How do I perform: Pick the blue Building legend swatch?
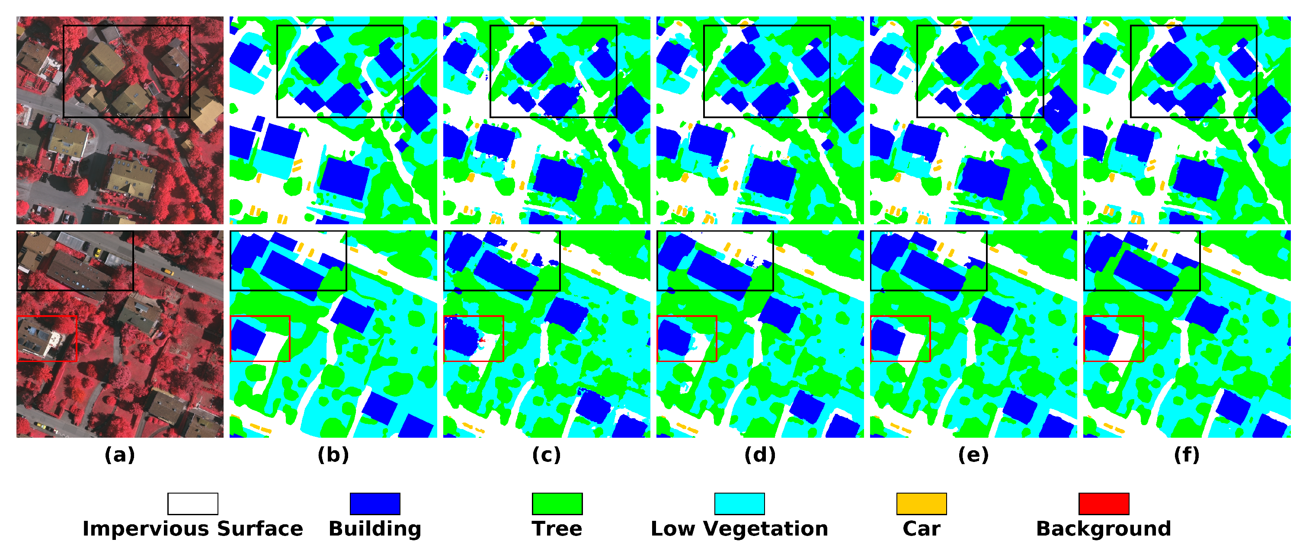(375, 504)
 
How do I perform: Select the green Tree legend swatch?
(557, 504)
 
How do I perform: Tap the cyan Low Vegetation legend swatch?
(739, 504)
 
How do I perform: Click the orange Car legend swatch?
(921, 504)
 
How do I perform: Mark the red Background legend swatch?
(1104, 504)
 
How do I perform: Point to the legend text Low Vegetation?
(739, 529)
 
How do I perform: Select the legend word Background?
(1104, 529)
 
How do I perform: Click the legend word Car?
(921, 529)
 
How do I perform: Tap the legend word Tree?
(557, 529)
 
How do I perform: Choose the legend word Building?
(375, 529)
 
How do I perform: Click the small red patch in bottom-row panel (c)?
(481, 339)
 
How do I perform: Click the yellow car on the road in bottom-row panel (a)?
(168, 272)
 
